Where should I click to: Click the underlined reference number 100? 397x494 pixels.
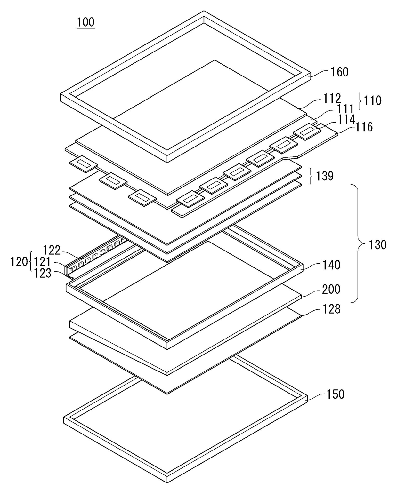(86, 22)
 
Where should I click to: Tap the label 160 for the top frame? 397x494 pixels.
(339, 72)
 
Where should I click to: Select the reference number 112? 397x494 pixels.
(332, 99)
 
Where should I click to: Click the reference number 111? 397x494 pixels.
(345, 109)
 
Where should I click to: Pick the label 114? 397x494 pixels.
(346, 119)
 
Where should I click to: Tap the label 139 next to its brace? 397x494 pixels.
(325, 176)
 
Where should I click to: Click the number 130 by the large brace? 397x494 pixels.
(378, 245)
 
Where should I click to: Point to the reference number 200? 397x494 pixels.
(331, 289)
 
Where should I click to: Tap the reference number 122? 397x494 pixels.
(52, 250)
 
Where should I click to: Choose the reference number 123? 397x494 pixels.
(43, 273)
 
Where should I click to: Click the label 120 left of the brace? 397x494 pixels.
(19, 262)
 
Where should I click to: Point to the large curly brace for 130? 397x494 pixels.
(359, 243)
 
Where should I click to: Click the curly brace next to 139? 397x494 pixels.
(312, 176)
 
